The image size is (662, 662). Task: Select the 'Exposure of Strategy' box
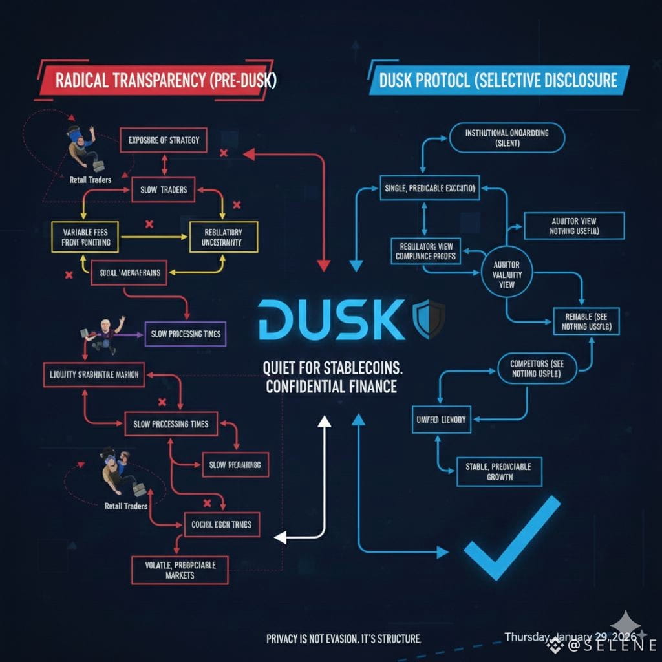164,140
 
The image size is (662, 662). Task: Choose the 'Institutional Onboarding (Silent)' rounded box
507,138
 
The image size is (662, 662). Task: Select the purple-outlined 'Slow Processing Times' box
186,334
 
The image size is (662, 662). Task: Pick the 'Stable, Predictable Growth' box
499,471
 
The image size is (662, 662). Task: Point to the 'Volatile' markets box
180,569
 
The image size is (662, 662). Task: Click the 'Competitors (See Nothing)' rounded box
536,368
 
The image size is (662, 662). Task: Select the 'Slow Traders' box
164,189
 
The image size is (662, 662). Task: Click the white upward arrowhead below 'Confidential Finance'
325,421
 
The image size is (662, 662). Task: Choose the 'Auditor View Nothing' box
574,226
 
